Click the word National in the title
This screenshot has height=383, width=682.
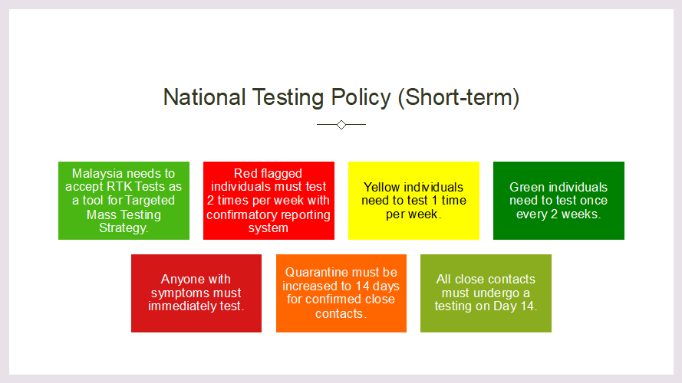204,97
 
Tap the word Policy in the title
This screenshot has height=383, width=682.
361,98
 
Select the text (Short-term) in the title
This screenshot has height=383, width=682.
459,98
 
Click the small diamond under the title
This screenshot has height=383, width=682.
341,125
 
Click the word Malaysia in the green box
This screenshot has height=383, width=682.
97,174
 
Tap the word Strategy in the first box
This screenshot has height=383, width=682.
123,228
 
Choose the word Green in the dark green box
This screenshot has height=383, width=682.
527,187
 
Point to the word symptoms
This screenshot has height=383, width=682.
177,293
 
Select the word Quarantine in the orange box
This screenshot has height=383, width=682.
313,272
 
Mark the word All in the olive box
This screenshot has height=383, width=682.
443,280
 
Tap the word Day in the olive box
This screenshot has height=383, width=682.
505,306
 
